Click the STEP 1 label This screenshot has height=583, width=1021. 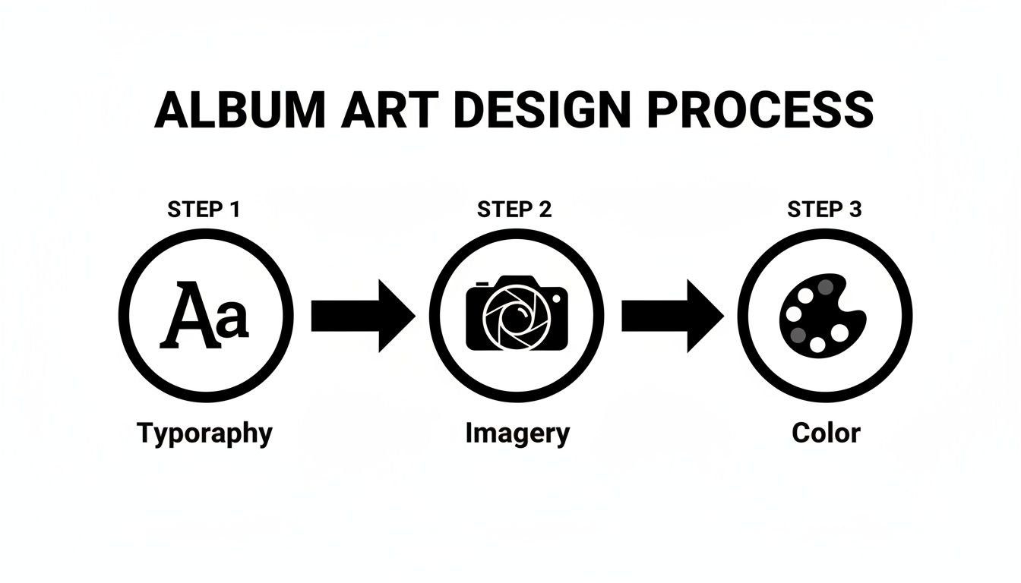pyautogui.click(x=203, y=210)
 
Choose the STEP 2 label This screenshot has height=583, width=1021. pyautogui.click(x=514, y=210)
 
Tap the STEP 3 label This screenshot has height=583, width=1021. pyautogui.click(x=824, y=210)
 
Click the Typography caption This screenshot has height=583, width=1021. pyautogui.click(x=204, y=434)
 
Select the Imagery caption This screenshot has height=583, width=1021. pyautogui.click(x=517, y=434)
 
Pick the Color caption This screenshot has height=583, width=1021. pyautogui.click(x=826, y=433)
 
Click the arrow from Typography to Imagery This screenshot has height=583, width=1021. pyautogui.click(x=363, y=316)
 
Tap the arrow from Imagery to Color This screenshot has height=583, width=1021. pyautogui.click(x=672, y=316)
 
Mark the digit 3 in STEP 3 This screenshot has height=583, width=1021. pyautogui.click(x=855, y=210)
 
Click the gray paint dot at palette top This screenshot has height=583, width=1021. pyautogui.click(x=826, y=287)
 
